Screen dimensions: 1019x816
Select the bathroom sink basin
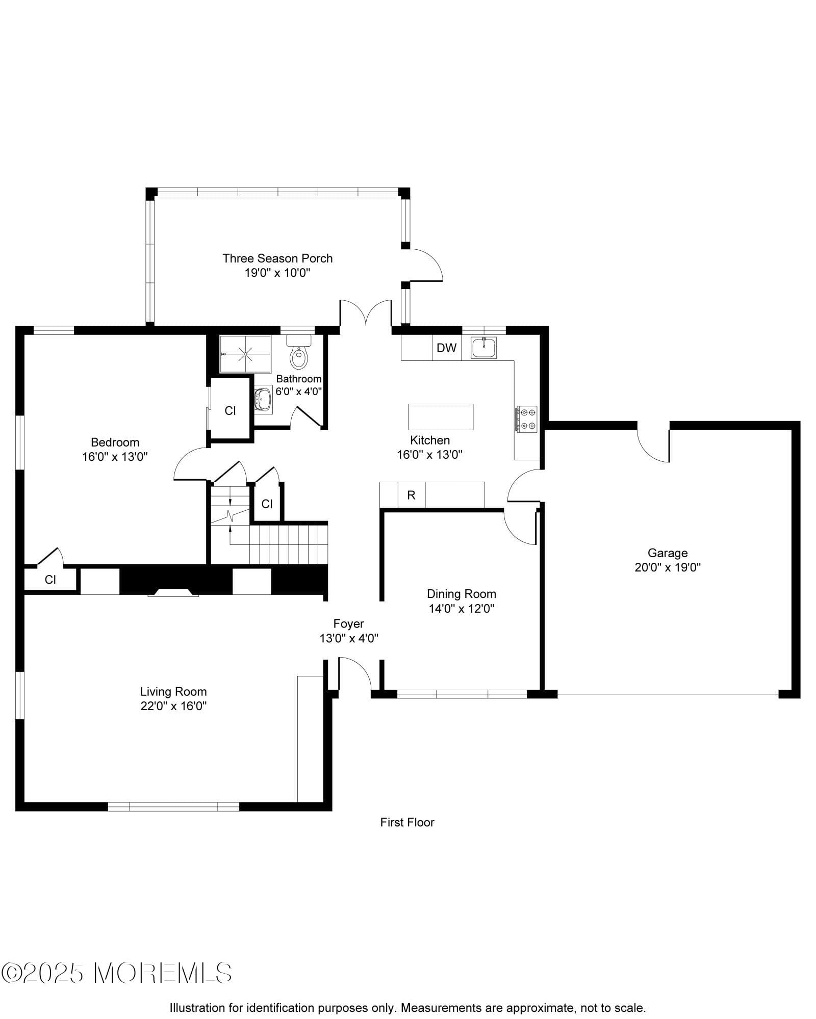click(263, 399)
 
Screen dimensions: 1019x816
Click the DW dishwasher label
click(446, 348)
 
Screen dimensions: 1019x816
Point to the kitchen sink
click(483, 348)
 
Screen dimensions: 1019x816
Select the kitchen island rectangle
click(440, 416)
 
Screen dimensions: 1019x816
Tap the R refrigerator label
click(411, 495)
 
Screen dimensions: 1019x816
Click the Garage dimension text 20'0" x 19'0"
click(667, 567)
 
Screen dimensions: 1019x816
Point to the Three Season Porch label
click(277, 258)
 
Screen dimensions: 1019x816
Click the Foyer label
click(348, 623)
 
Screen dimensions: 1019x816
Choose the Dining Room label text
click(461, 594)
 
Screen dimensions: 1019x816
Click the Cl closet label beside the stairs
click(267, 504)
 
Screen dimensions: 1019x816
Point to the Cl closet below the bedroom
click(50, 580)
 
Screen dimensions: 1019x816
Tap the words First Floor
click(407, 822)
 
